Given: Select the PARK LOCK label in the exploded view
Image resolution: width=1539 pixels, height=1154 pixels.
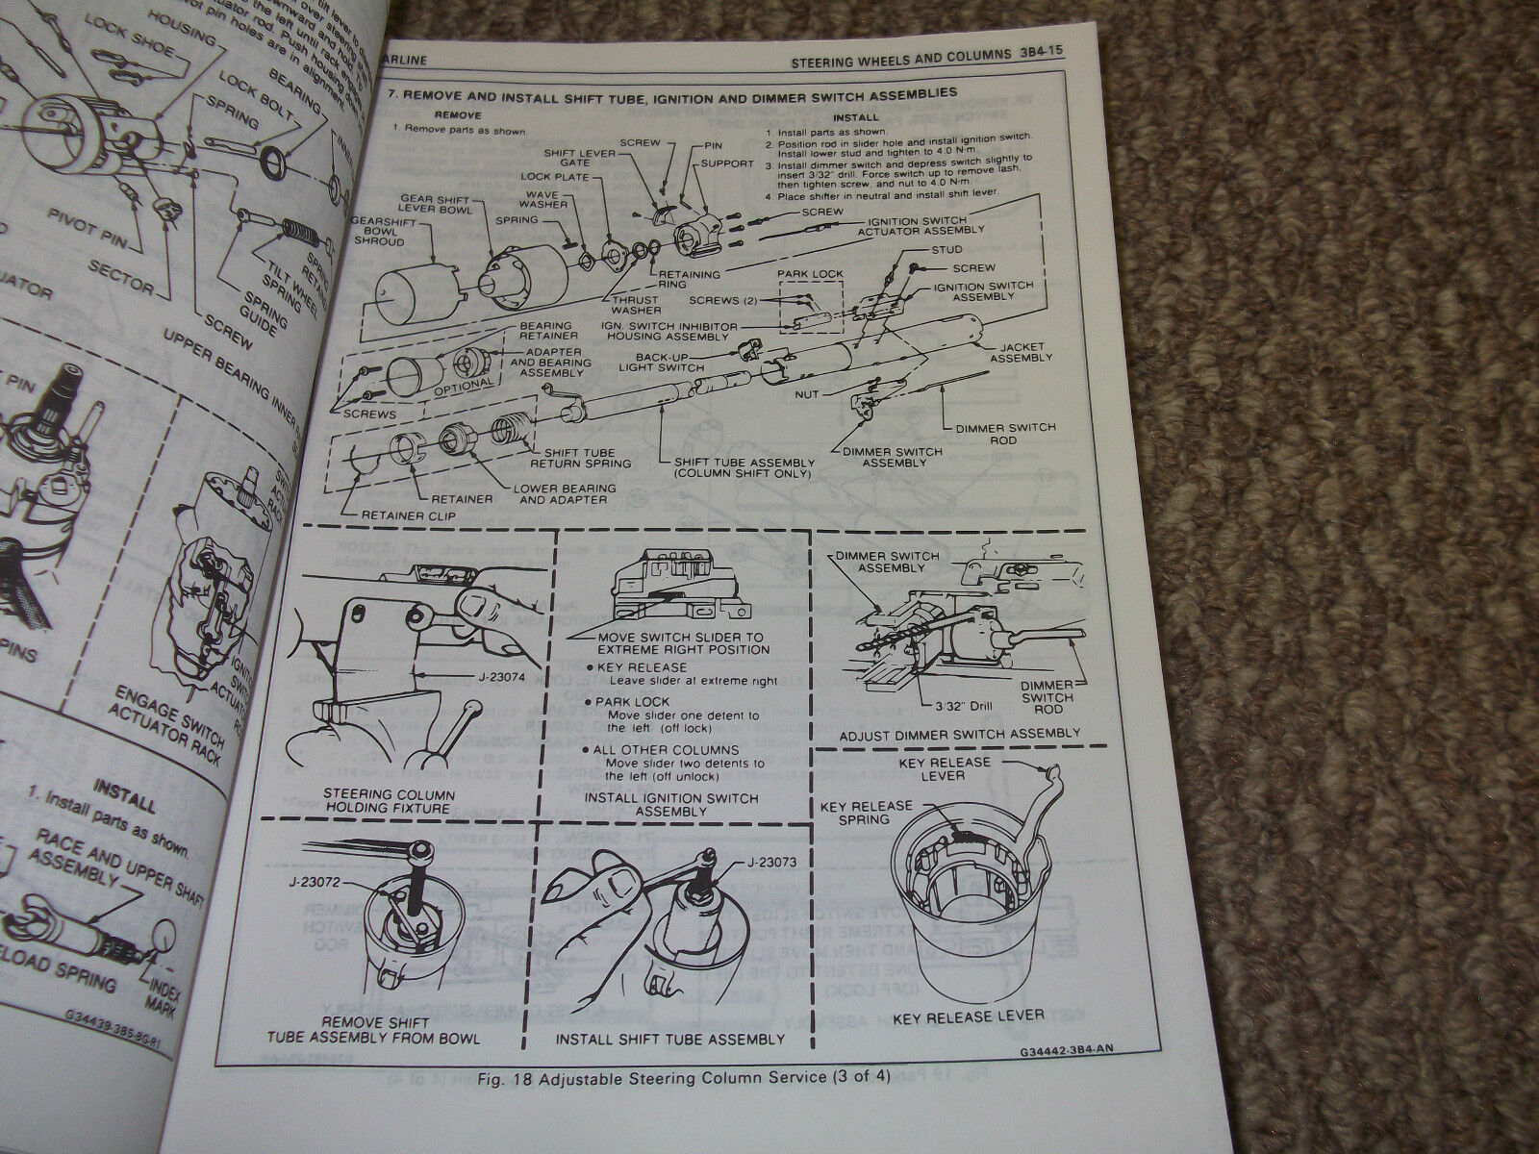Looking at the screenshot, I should coord(817,274).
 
